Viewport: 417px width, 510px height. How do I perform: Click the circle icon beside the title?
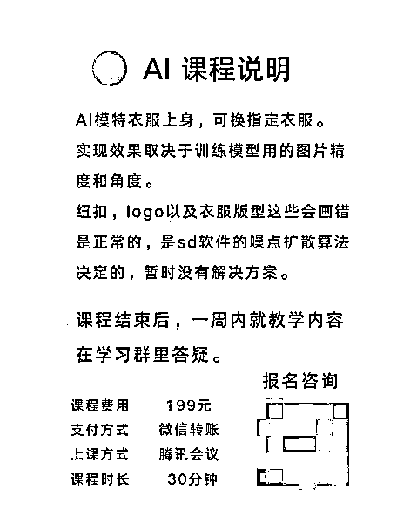93,68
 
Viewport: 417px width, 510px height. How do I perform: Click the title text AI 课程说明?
216,69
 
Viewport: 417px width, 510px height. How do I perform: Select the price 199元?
188,405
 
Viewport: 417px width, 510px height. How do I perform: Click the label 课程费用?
100,405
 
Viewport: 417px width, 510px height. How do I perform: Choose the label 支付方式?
99,430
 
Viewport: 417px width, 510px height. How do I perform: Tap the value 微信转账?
189,430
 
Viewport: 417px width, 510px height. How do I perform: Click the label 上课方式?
99,454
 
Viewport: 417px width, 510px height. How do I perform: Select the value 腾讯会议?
189,454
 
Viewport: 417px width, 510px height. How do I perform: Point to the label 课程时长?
100,479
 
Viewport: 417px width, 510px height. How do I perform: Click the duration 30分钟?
192,479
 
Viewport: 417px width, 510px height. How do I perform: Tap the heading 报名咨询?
300,381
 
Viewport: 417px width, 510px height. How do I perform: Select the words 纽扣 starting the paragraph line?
91,212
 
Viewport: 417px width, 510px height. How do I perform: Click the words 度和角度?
109,181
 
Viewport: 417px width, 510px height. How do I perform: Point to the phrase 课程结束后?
123,320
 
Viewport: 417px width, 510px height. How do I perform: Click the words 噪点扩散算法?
299,242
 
